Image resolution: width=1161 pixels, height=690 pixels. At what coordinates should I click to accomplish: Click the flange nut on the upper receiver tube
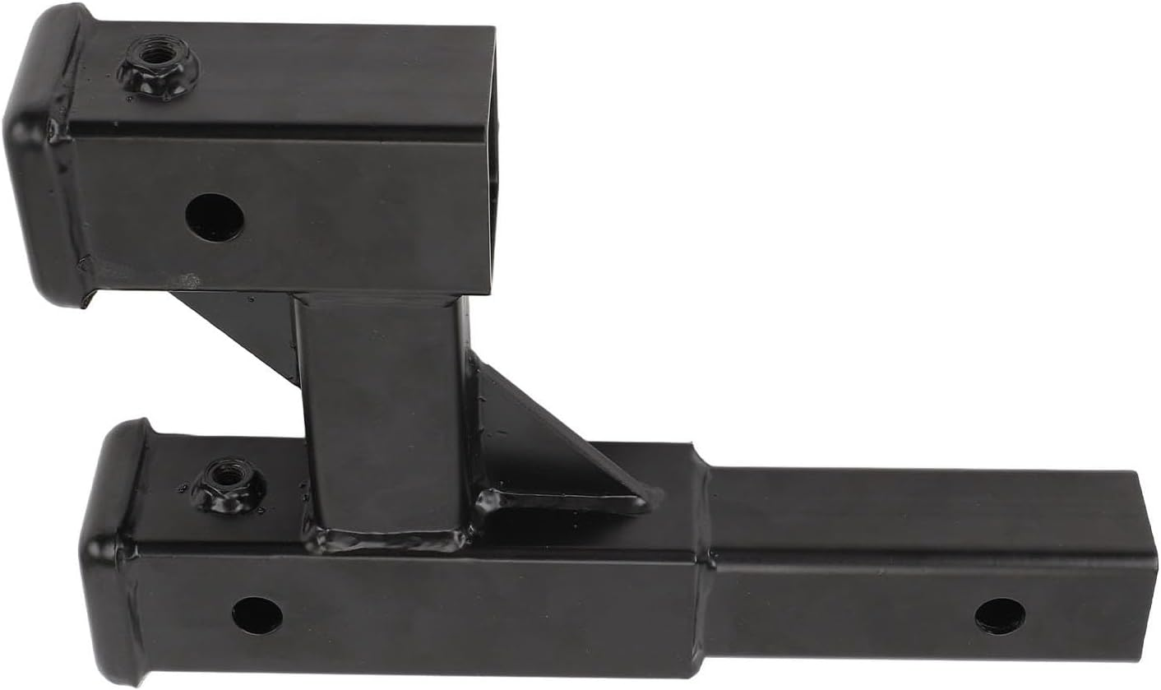pyautogui.click(x=158, y=67)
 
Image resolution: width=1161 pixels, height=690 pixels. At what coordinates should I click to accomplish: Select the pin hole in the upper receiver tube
pyautogui.click(x=214, y=217)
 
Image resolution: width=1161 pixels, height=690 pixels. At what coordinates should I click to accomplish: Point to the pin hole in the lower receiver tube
pyautogui.click(x=257, y=615)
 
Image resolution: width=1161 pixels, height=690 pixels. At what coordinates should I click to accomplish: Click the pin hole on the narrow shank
pyautogui.click(x=1000, y=615)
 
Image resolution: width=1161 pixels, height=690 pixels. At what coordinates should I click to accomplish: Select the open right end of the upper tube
pyautogui.click(x=493, y=164)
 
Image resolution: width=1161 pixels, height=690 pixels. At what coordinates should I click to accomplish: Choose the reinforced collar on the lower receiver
pyautogui.click(x=111, y=551)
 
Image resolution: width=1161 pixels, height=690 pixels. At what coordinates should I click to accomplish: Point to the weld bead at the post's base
pyautogui.click(x=386, y=539)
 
